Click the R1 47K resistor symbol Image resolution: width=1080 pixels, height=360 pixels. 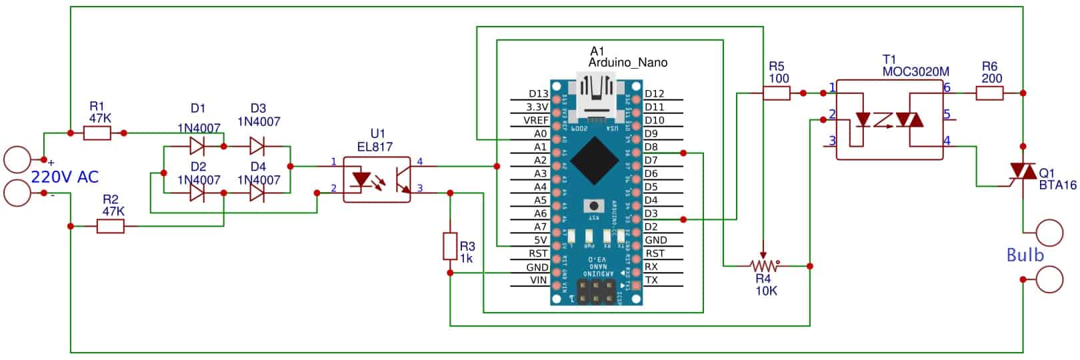(97, 133)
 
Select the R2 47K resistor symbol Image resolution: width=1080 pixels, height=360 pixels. (110, 227)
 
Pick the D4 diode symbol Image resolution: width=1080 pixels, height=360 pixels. (257, 193)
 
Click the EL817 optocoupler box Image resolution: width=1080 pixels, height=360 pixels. (377, 179)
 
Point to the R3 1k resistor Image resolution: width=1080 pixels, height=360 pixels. (451, 246)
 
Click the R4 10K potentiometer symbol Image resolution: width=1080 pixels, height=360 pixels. (763, 266)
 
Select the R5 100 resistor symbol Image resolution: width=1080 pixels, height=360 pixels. (776, 93)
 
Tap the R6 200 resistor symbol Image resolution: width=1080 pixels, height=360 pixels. (989, 93)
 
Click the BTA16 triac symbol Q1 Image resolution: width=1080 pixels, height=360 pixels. (1022, 173)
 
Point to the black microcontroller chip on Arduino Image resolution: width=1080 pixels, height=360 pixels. (597, 160)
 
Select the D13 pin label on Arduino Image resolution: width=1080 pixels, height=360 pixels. (538, 94)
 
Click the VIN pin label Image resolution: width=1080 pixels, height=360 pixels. (539, 281)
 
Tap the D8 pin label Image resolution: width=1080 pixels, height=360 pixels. (651, 147)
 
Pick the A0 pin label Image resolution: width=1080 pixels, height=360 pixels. (540, 134)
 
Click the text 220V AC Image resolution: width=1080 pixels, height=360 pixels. (65, 177)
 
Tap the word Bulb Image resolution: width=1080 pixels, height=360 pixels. (1025, 255)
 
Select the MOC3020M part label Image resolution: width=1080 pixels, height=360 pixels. (915, 71)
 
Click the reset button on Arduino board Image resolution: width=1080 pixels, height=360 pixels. (589, 205)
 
